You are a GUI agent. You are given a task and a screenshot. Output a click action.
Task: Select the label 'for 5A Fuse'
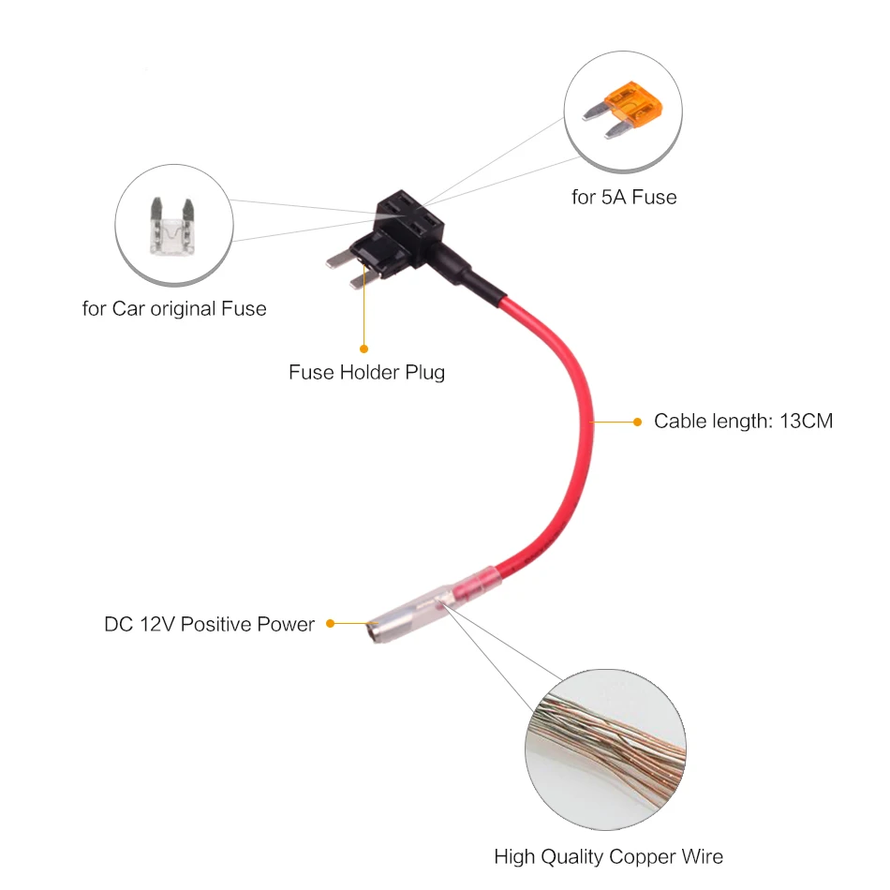coord(624,197)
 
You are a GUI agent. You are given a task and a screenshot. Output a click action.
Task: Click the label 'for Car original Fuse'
coord(174,308)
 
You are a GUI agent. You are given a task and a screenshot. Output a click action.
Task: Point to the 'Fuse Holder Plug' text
coord(366,372)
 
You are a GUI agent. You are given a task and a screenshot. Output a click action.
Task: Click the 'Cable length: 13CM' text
coord(743,421)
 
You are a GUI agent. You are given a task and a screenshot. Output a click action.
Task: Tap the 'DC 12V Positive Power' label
coord(209,624)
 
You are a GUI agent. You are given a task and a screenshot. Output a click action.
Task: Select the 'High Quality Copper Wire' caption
coord(609,856)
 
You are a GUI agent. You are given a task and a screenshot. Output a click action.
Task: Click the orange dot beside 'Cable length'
coord(638,422)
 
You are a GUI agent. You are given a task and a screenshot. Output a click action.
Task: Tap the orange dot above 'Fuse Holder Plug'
coord(363,349)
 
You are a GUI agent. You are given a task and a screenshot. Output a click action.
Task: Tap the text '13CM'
coord(805,421)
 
